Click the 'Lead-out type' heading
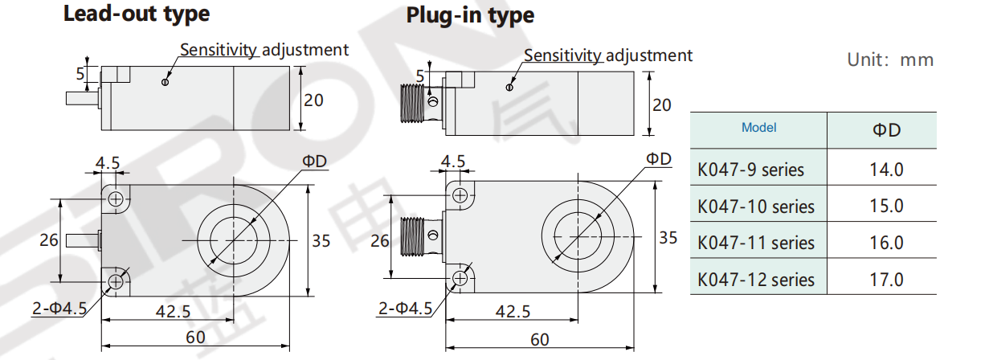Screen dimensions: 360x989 point(137,14)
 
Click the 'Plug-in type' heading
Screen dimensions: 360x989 point(470,15)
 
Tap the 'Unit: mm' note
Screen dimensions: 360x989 point(890,60)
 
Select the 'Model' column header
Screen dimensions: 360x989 point(758,128)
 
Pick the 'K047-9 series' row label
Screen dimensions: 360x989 point(751,170)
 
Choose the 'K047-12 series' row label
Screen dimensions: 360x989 point(756,280)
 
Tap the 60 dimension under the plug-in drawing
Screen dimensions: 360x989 point(540,340)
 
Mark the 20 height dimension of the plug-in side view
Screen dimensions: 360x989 point(661,105)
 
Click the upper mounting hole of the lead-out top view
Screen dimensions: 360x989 point(116,198)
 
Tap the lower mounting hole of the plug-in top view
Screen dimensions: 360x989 point(460,277)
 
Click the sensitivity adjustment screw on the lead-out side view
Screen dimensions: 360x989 point(166,81)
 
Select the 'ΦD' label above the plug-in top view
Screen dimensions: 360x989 point(658,158)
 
